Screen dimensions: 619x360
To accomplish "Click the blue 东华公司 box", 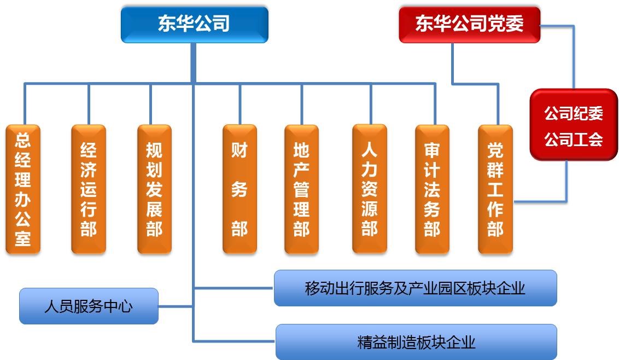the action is click(x=195, y=24).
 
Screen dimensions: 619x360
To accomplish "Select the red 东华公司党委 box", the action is click(x=469, y=24).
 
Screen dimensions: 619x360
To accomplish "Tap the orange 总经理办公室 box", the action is click(x=23, y=189).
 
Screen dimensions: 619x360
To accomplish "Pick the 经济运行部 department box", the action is click(x=89, y=189).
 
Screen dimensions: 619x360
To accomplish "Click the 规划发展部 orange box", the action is click(x=154, y=189).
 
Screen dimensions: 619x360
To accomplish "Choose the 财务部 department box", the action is click(x=240, y=189).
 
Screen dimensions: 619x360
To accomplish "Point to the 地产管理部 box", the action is click(x=302, y=189).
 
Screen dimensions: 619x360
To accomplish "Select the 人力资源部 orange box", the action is click(x=370, y=188).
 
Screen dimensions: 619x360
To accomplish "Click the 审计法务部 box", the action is click(x=433, y=189).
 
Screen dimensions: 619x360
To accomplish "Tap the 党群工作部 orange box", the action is click(x=495, y=189).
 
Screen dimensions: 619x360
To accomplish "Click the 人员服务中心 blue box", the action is click(x=89, y=306).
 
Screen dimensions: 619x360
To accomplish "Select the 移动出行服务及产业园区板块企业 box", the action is click(x=415, y=288).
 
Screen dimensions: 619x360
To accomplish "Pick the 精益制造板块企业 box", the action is click(x=417, y=342).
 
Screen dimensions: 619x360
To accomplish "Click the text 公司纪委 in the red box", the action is click(x=574, y=113).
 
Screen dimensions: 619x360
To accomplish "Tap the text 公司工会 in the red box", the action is click(x=574, y=139).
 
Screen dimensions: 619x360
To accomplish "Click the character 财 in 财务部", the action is click(x=240, y=150).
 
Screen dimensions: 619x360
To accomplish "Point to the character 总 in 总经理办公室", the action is click(x=23, y=140).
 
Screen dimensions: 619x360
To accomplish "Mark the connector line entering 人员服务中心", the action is click(x=176, y=306).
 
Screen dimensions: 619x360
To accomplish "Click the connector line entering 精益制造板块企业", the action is click(x=234, y=341).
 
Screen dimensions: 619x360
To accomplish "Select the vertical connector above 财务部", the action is click(x=240, y=104).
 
